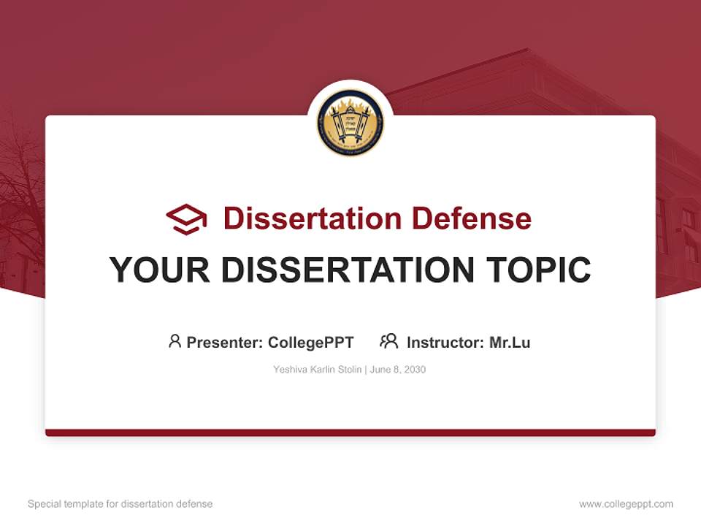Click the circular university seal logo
point(350,123)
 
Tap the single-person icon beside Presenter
point(175,341)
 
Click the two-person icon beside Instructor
point(388,341)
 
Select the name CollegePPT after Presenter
point(311,342)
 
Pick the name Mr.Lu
point(510,342)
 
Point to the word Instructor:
point(445,342)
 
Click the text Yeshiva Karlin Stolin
point(317,370)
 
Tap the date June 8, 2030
point(398,370)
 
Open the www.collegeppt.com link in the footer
point(626,504)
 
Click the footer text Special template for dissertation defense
point(120,504)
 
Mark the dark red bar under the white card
point(350,432)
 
